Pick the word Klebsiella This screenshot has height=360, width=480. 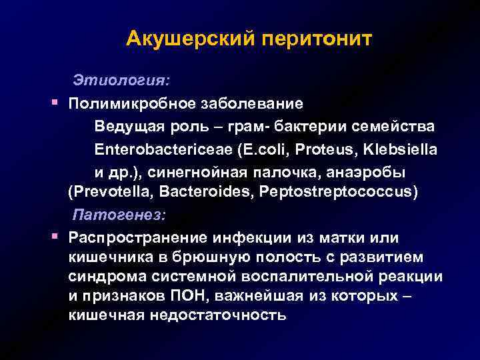[401, 149]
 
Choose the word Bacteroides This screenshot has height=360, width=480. [193, 193]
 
